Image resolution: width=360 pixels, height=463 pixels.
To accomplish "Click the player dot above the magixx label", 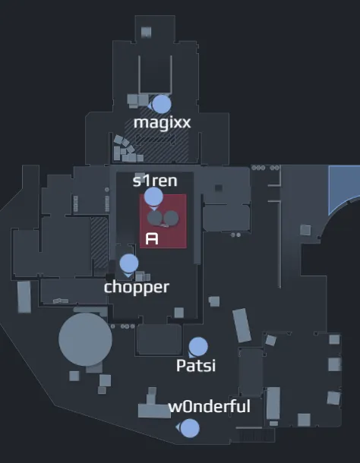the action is (x=161, y=104).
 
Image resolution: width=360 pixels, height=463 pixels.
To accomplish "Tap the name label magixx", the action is (x=162, y=122).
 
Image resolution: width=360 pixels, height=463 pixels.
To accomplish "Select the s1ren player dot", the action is (x=153, y=197).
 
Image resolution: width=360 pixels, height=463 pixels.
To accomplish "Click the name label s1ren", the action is (x=155, y=181).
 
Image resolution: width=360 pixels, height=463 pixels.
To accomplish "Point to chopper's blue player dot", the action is (x=129, y=263).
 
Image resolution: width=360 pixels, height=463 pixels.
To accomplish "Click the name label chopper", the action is (x=137, y=288).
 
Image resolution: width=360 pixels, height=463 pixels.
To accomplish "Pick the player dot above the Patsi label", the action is (x=198, y=347).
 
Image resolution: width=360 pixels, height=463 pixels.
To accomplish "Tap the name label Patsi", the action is (x=196, y=365).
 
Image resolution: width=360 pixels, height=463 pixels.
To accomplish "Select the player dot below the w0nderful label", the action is (x=190, y=428).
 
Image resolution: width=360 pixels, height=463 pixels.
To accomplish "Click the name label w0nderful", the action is (x=210, y=406).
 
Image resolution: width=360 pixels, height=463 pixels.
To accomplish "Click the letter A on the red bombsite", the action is (x=152, y=238).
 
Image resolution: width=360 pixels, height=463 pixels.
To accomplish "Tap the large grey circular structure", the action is (x=85, y=339).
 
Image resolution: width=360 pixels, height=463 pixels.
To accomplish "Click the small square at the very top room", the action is (x=147, y=32).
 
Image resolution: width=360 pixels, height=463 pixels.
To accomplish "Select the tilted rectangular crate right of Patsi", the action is (x=242, y=326).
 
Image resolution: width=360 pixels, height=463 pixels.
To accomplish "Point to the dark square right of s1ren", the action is (x=219, y=187).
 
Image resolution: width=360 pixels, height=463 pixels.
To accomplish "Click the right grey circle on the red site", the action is (x=171, y=218).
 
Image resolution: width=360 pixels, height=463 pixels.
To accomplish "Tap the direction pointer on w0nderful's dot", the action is (x=178, y=427).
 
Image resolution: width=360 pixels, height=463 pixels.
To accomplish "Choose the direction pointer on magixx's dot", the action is (x=150, y=106).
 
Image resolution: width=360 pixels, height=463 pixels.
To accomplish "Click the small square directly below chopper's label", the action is (x=178, y=313).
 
